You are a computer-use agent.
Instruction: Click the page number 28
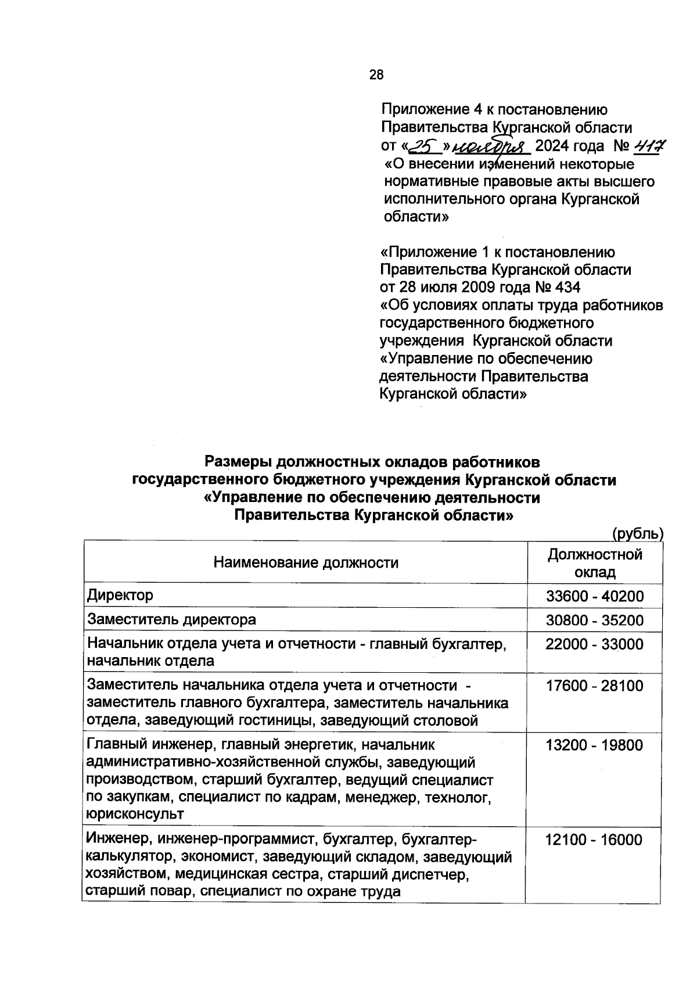point(376,74)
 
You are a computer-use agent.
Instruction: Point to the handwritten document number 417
point(649,145)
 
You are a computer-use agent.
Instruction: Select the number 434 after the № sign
point(567,288)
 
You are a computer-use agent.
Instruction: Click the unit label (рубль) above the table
point(637,533)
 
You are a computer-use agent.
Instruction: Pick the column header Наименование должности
point(306,562)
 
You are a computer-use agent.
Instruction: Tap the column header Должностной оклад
point(595,563)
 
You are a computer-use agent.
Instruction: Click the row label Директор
point(120,596)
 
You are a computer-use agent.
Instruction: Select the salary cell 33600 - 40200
point(595,596)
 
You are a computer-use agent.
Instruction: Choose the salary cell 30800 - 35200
point(595,621)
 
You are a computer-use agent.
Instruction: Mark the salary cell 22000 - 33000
point(594,644)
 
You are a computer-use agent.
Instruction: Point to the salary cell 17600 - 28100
point(594,686)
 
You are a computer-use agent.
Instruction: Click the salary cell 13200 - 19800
point(594,745)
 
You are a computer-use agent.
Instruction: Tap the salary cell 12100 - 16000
point(594,840)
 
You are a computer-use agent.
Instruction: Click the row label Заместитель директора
point(171,620)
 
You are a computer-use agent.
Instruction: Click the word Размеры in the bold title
point(238,462)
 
